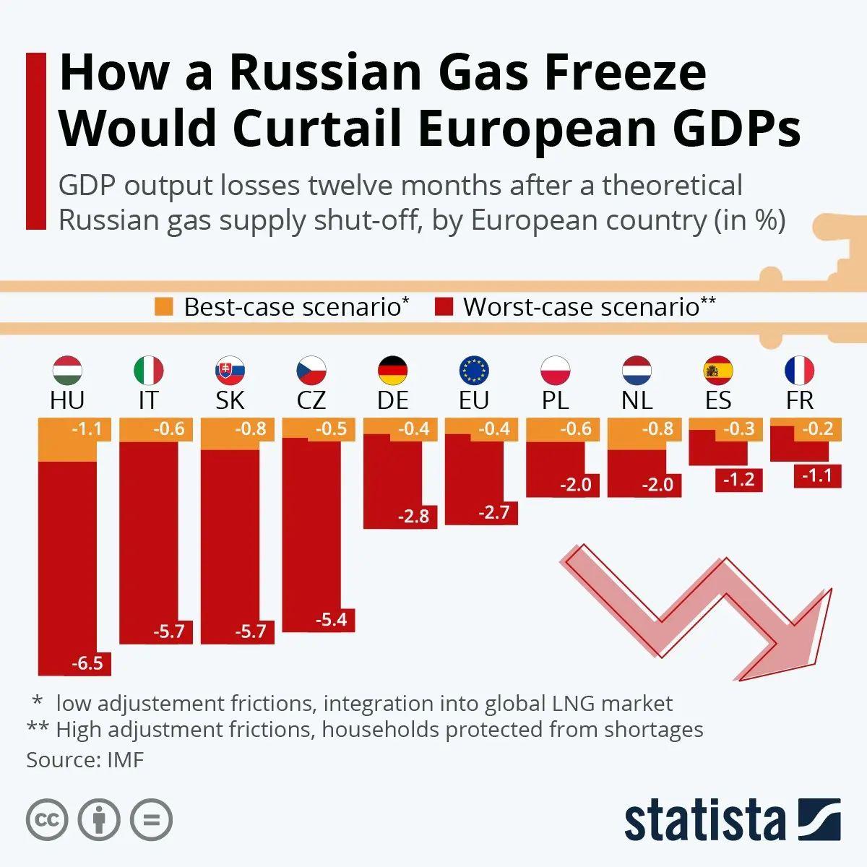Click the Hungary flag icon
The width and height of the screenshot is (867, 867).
click(x=67, y=371)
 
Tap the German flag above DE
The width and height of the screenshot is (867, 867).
click(x=393, y=371)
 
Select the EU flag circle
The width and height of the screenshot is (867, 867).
click(x=474, y=371)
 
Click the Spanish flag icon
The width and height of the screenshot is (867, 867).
click(x=718, y=371)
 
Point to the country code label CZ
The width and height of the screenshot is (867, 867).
click(x=311, y=400)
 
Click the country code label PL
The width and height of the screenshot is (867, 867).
click(x=555, y=400)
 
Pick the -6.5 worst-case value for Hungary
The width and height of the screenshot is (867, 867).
click(x=87, y=663)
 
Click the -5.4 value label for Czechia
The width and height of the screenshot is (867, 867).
click(x=332, y=619)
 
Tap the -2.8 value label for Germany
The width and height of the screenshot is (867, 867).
click(x=413, y=516)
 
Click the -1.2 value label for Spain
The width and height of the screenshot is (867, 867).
click(x=738, y=479)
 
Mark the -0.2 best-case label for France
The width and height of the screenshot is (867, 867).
click(x=818, y=429)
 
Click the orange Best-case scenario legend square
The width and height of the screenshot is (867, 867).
click(x=164, y=307)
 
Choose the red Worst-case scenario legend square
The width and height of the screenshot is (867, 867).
click(x=444, y=307)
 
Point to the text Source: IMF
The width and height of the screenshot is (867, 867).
click(x=85, y=760)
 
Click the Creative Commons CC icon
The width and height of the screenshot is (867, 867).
click(x=47, y=820)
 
